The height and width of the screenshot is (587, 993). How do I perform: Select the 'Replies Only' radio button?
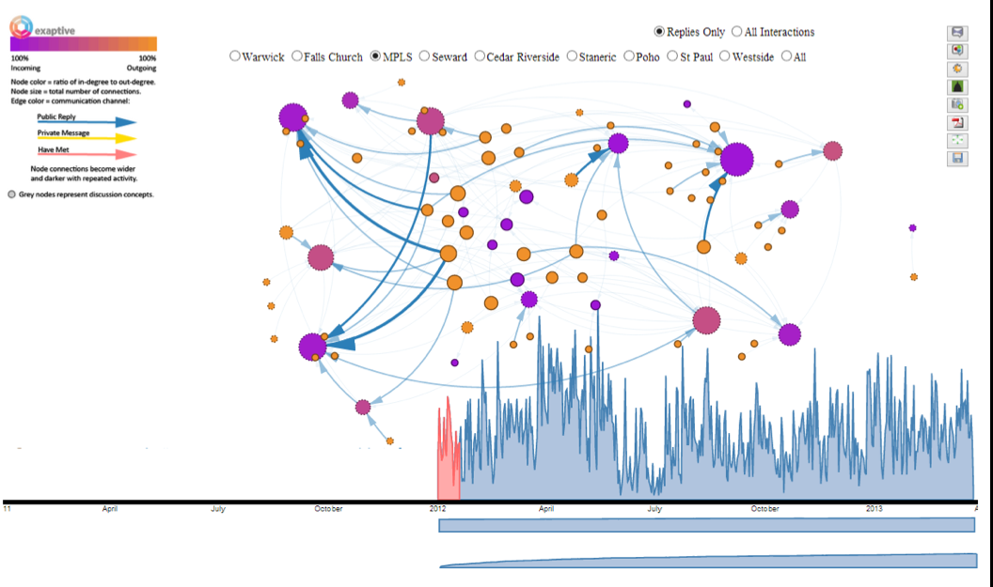pos(659,32)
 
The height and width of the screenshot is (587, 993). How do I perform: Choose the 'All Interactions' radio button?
pos(736,32)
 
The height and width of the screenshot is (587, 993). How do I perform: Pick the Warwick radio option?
pos(235,56)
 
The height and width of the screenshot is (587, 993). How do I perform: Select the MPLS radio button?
pos(376,56)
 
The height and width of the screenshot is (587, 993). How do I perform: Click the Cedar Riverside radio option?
pos(480,56)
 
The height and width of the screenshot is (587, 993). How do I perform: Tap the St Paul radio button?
pos(672,56)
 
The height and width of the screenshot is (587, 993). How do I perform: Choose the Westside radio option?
pos(725,56)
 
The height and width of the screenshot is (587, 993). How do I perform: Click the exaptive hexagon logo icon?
pos(21,26)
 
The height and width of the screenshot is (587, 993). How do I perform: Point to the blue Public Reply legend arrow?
pos(87,122)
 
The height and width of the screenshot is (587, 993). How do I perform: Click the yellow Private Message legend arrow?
pos(87,138)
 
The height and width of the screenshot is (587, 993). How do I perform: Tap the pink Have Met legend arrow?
pos(87,154)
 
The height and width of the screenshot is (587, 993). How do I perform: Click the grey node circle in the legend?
pos(11,194)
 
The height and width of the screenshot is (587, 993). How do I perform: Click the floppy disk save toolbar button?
pos(957,159)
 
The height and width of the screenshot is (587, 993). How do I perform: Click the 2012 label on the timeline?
pos(437,509)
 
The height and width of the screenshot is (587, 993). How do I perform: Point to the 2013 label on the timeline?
pos(874,509)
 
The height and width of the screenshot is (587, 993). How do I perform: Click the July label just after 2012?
pos(654,509)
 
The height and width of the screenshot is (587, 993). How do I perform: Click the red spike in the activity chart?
pos(449,451)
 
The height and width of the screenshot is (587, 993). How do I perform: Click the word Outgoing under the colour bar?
pos(141,69)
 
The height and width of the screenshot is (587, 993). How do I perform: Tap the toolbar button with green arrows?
pos(957,140)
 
